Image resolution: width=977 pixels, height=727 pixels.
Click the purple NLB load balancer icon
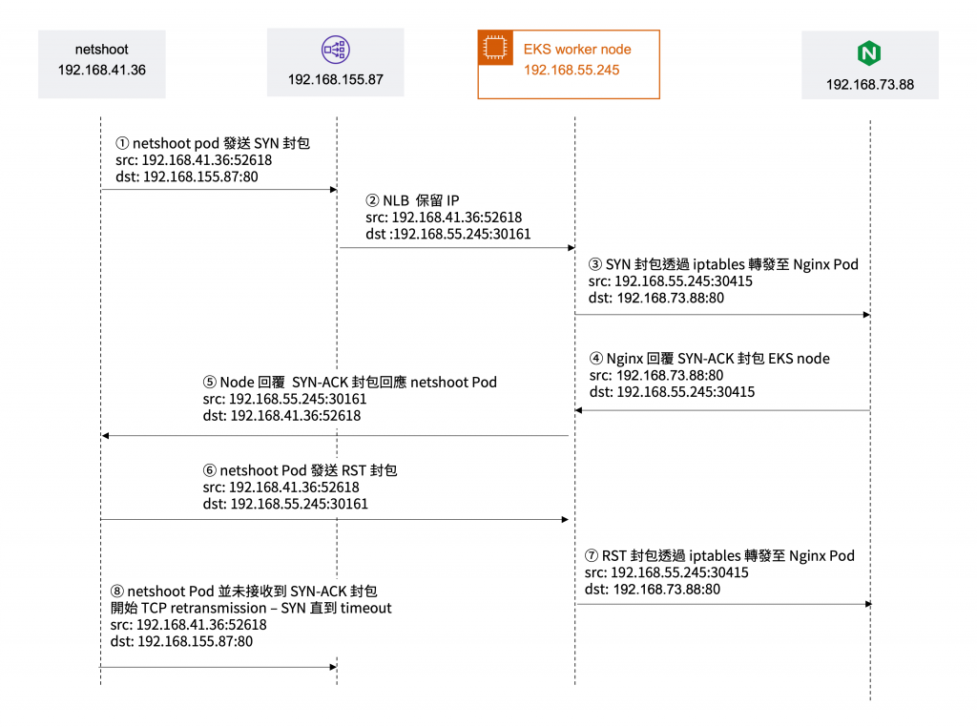[335, 50]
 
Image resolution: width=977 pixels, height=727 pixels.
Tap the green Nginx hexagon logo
[869, 52]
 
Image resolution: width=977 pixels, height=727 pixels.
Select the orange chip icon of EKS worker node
[494, 49]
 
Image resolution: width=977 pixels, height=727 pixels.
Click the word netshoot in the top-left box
[101, 49]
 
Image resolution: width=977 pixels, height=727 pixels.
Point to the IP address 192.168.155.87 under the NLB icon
[336, 80]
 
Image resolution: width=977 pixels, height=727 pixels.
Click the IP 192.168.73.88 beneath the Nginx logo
[869, 85]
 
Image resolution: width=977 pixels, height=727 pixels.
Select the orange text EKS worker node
[577, 49]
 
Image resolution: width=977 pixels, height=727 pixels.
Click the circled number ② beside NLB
[372, 201]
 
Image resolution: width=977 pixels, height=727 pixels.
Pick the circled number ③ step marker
[596, 264]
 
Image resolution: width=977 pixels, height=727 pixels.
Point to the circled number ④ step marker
[596, 359]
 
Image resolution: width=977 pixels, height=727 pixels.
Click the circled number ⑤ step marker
[210, 382]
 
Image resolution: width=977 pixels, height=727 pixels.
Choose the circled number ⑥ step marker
[210, 470]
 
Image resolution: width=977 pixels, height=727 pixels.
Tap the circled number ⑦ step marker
[592, 555]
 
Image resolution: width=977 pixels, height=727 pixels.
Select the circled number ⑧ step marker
[117, 591]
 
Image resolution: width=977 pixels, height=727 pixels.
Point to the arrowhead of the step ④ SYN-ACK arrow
[578, 411]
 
